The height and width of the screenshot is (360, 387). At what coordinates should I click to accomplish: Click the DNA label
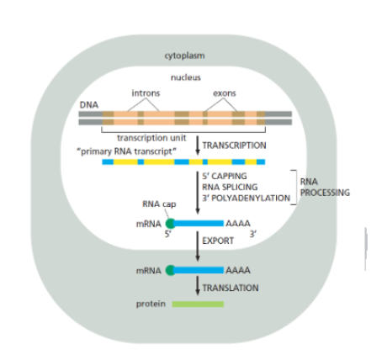click(88, 104)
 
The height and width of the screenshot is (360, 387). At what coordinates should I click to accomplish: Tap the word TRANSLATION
click(231, 288)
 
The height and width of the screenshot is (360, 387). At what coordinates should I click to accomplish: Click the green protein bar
click(198, 304)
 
